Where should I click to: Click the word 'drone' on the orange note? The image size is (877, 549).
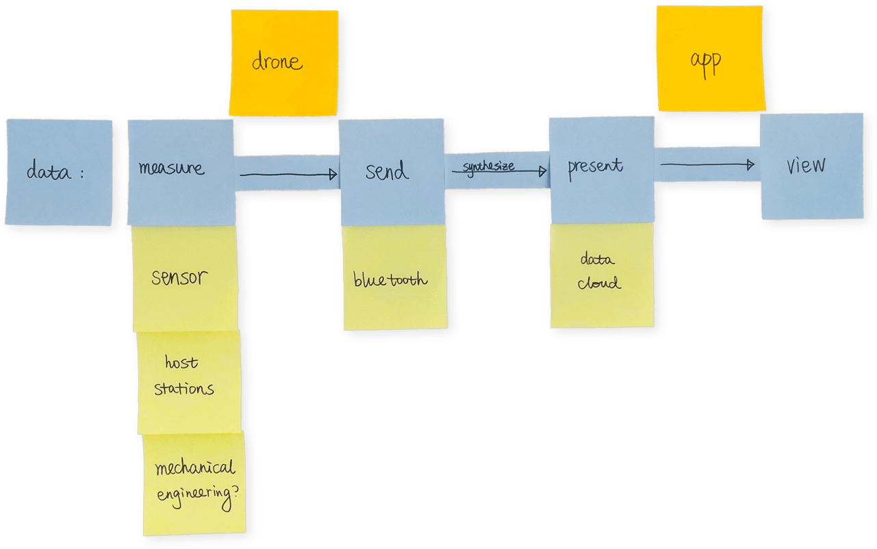pos(277,62)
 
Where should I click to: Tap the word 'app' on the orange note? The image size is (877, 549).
pos(705,62)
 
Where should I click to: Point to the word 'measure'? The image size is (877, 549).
pos(171,167)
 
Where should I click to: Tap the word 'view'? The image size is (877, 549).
pos(806,166)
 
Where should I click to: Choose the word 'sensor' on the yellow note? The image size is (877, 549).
pos(179,278)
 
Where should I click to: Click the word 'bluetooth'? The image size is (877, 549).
pos(390,279)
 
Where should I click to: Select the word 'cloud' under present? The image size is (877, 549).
pos(599,283)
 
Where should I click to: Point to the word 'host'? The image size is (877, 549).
pos(181,362)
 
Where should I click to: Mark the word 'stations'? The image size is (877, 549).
pos(183,389)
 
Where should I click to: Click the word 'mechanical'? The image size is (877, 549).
pos(195,469)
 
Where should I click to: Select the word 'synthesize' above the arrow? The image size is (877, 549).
pos(488,166)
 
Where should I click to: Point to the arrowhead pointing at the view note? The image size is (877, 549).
pos(750,164)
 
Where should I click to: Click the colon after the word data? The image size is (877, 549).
pos(81,174)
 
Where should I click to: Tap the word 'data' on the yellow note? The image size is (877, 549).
pos(598,260)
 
